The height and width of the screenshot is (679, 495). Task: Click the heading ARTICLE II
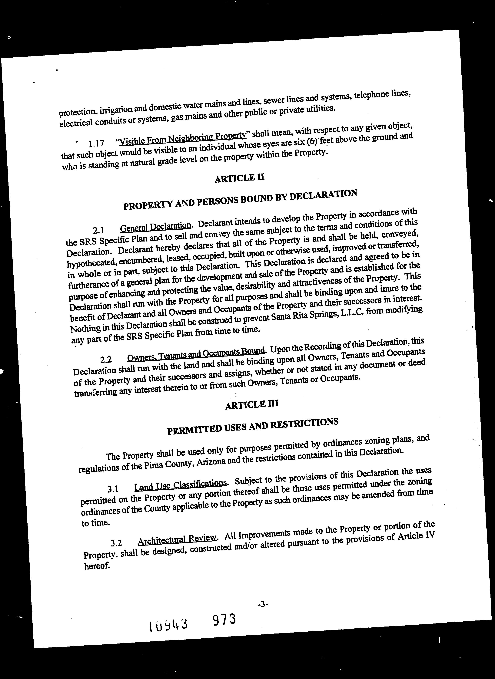coord(239,178)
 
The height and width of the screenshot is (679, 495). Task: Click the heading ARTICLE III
coord(252,405)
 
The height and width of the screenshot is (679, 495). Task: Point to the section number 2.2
coord(106,360)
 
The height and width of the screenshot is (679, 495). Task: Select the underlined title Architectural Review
coord(177,540)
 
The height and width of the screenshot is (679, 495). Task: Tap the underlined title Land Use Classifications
coord(180,485)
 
